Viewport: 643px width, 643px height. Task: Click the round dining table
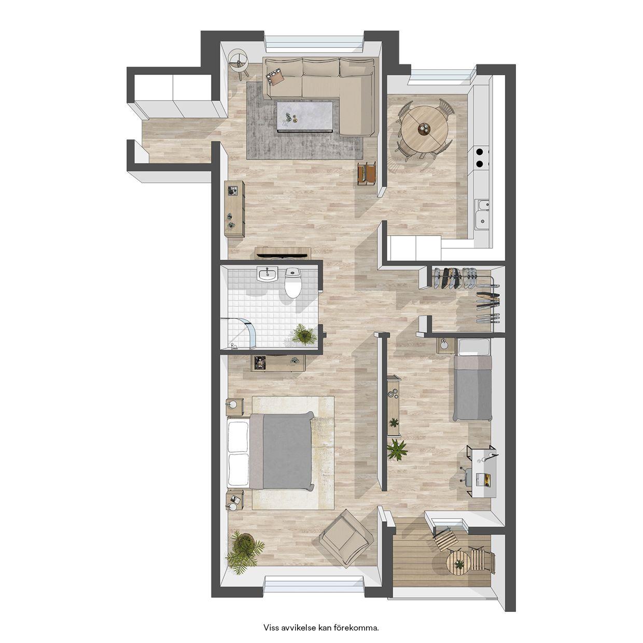click(425, 128)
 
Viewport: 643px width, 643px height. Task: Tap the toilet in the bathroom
click(293, 283)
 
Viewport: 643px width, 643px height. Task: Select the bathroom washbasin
click(267, 274)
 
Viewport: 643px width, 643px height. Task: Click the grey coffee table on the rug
click(305, 117)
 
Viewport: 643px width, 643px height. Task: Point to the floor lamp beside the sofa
click(239, 63)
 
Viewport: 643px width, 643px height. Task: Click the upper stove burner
click(480, 152)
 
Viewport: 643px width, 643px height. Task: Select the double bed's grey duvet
click(288, 452)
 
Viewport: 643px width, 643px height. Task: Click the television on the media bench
click(283, 256)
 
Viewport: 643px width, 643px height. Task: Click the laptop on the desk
click(484, 480)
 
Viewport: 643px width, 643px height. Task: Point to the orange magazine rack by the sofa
click(367, 173)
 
